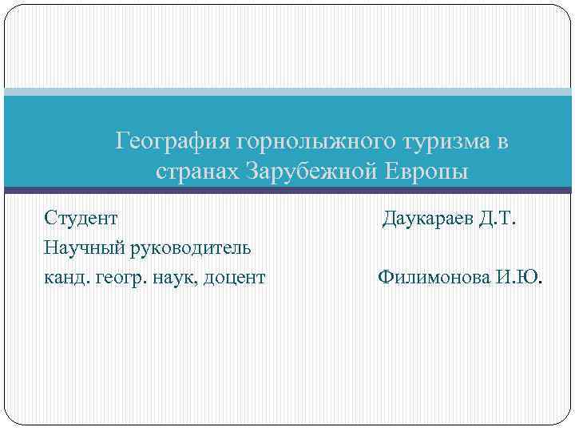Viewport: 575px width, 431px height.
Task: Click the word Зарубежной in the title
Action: [309, 172]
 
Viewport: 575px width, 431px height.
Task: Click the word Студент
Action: [81, 217]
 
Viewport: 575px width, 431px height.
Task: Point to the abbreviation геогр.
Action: [119, 278]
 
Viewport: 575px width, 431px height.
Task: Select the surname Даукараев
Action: [429, 218]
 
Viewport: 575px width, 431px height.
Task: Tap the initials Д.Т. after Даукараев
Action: [498, 218]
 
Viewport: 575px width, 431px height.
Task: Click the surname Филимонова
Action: [433, 278]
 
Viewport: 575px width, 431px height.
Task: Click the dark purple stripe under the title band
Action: [287, 191]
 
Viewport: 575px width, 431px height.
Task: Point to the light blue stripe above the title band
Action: [287, 92]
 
